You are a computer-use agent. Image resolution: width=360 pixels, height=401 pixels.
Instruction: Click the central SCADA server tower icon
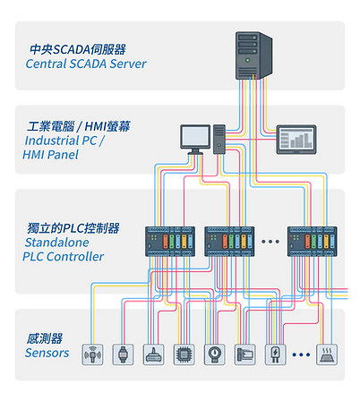tap(252, 58)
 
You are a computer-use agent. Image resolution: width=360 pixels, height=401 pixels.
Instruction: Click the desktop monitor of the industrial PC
tap(195, 137)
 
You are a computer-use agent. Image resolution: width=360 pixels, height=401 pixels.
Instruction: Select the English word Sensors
tap(47, 354)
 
